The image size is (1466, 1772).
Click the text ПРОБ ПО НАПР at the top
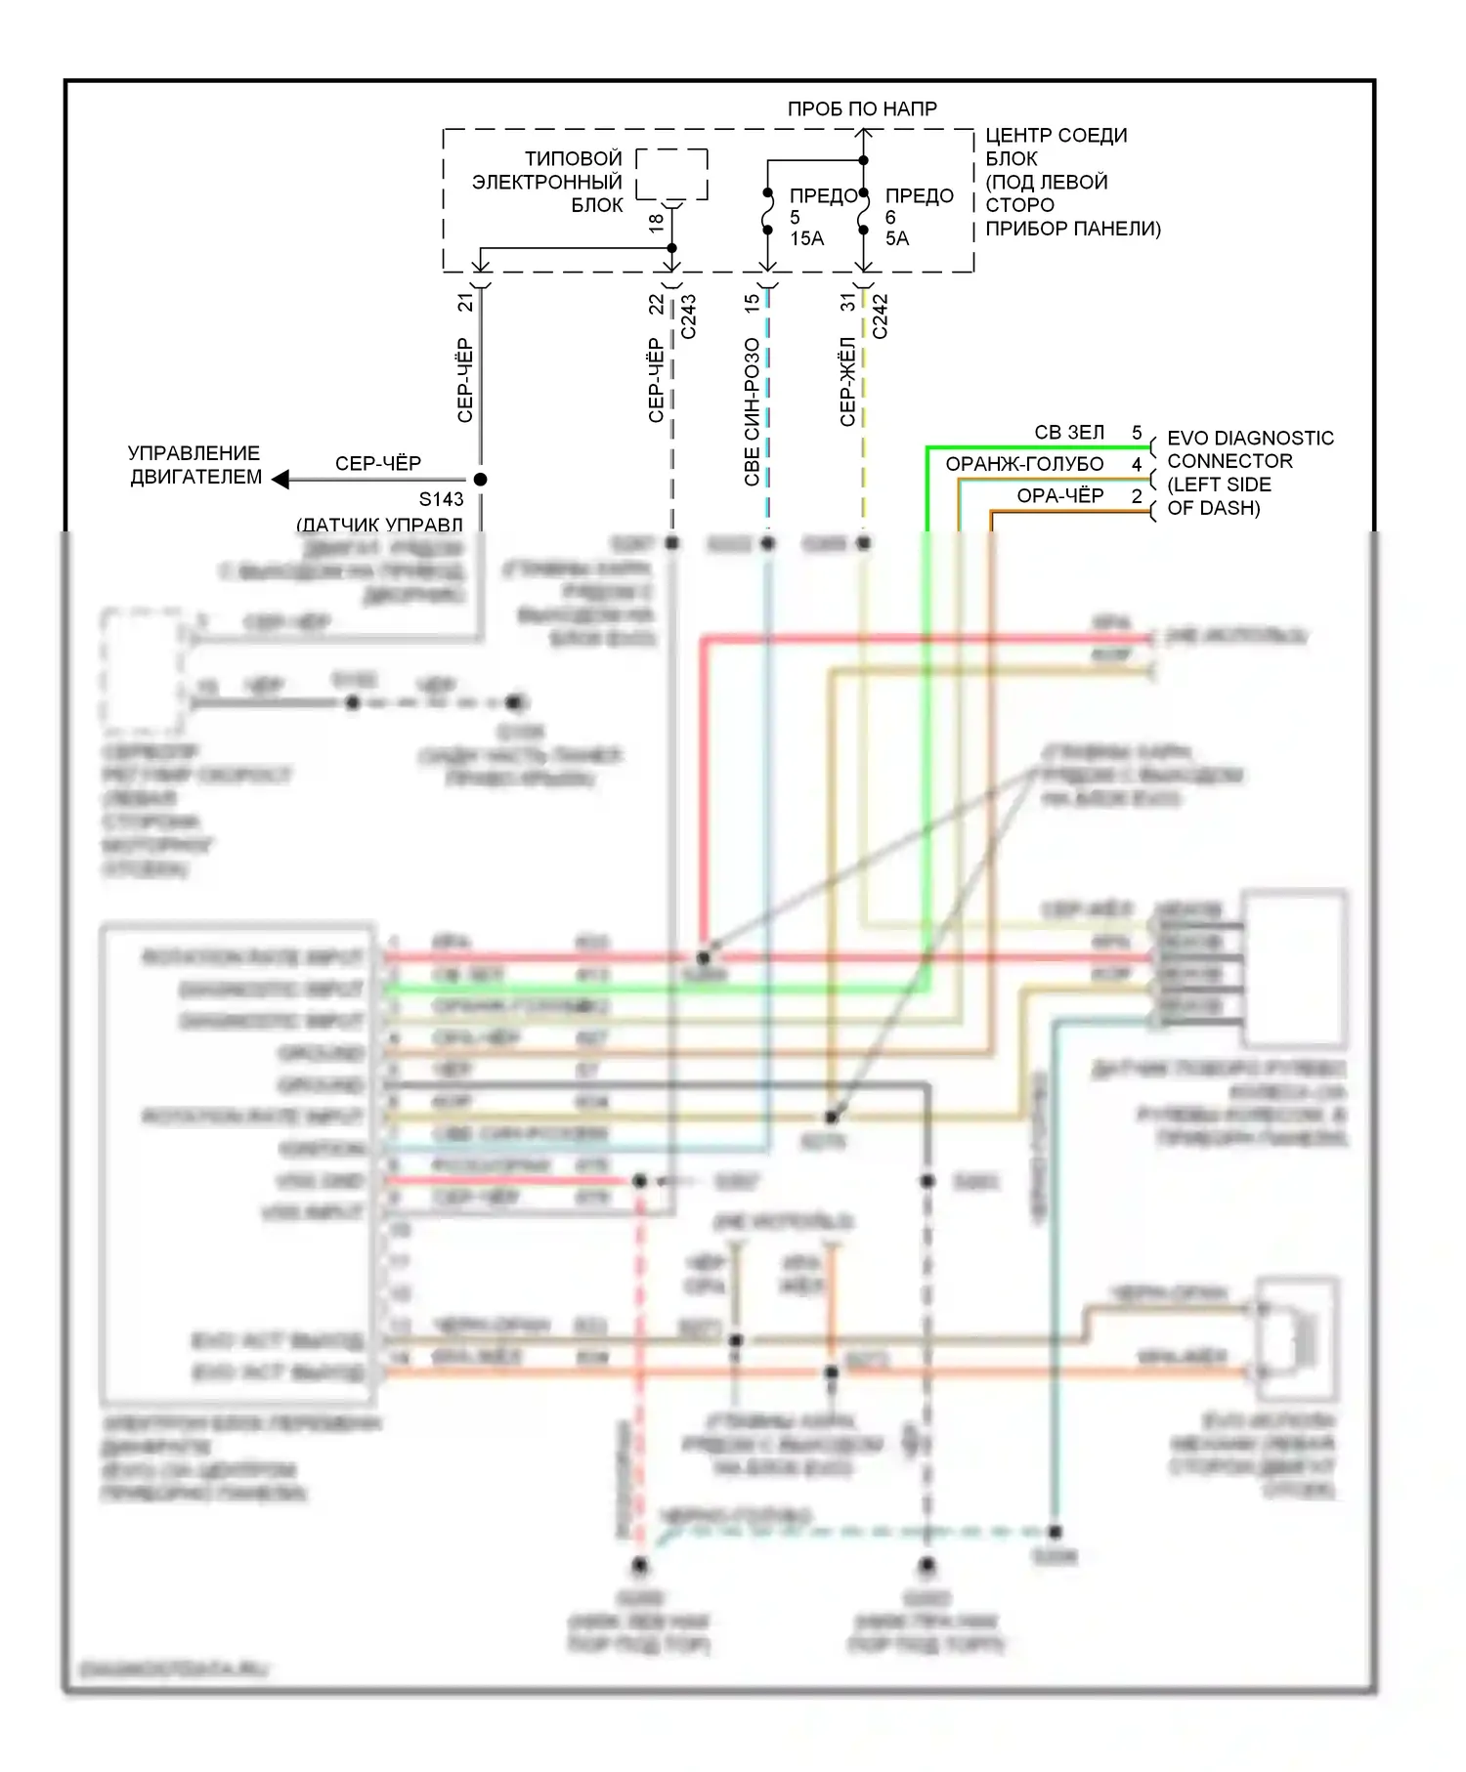point(861,109)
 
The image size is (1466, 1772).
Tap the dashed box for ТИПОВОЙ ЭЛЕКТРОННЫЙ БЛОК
point(671,174)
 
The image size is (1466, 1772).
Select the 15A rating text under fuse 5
point(806,238)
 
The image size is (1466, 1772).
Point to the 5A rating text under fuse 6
point(896,238)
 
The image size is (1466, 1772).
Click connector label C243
point(688,316)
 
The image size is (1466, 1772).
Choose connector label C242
point(880,316)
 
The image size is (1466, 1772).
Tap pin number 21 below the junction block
point(465,303)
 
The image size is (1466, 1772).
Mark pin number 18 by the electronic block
point(656,222)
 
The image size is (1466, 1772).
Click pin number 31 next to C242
point(848,303)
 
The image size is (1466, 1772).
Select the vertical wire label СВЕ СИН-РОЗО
point(752,411)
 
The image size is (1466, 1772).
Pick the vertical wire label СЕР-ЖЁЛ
point(847,381)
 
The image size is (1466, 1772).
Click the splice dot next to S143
point(480,480)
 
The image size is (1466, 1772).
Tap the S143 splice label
point(441,500)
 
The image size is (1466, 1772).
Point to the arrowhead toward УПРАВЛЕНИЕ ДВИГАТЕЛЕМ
point(280,480)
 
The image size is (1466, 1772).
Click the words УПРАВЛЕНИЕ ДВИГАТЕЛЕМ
point(194,465)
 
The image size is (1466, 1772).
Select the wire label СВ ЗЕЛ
point(1069,433)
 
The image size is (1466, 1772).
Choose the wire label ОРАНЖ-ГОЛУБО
point(1024,464)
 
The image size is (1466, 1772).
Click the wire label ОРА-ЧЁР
point(1059,496)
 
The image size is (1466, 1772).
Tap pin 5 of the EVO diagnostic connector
point(1137,433)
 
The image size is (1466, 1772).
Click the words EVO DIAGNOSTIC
point(1250,439)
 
